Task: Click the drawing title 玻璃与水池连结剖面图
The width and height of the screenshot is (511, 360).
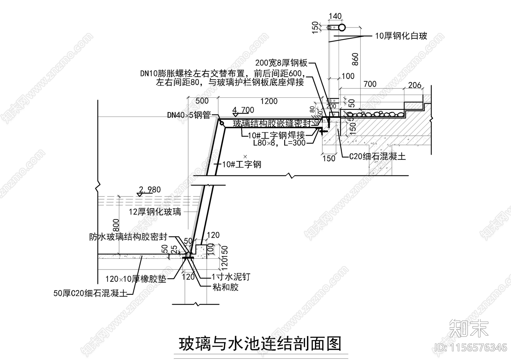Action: pyautogui.click(x=260, y=344)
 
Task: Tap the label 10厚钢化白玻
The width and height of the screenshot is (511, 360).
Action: pyautogui.click(x=401, y=36)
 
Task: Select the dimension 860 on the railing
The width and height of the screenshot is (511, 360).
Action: pyautogui.click(x=355, y=59)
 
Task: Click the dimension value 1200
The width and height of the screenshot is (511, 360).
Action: pyautogui.click(x=269, y=101)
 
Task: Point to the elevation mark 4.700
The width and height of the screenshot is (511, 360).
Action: pyautogui.click(x=243, y=110)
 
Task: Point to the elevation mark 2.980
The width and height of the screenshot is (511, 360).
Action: pyautogui.click(x=150, y=190)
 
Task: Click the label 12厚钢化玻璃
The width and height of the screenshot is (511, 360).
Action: pyautogui.click(x=155, y=211)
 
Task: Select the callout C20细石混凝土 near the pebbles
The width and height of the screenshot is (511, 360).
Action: pyautogui.click(x=377, y=156)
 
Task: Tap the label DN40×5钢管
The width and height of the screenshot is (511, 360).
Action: pyautogui.click(x=189, y=115)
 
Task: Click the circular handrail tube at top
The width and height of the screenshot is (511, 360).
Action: pyautogui.click(x=342, y=27)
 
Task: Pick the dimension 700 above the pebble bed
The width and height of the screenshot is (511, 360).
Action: pyautogui.click(x=370, y=84)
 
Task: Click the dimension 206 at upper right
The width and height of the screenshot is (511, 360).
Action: pyautogui.click(x=415, y=85)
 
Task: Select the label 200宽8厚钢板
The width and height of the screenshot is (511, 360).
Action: pyautogui.click(x=281, y=63)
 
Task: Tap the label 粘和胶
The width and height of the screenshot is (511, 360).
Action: pyautogui.click(x=225, y=287)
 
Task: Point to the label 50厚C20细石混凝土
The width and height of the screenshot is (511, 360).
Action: pyautogui.click(x=90, y=293)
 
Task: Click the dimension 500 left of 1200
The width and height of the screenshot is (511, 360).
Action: pyautogui.click(x=202, y=101)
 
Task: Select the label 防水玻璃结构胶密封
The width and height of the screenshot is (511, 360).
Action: pyautogui.click(x=128, y=237)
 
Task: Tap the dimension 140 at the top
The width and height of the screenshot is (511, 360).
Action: pyautogui.click(x=335, y=16)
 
